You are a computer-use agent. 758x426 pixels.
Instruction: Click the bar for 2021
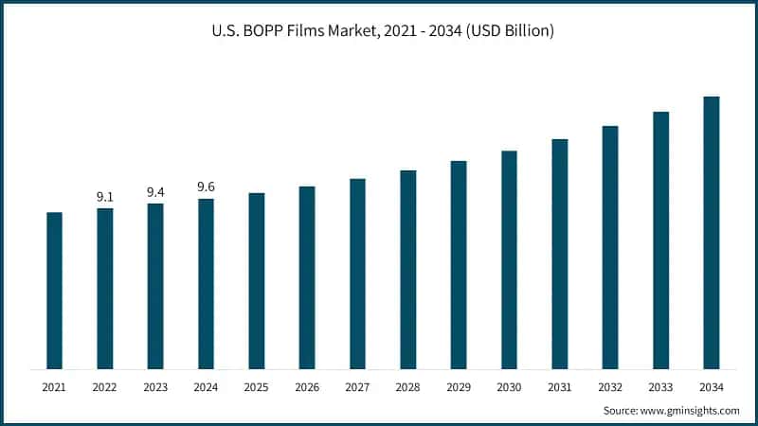click(54, 291)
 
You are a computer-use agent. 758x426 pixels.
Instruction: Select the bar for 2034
click(712, 233)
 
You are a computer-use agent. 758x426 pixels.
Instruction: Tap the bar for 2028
click(408, 270)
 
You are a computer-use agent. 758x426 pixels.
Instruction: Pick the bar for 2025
click(257, 281)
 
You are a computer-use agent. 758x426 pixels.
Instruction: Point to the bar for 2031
click(560, 254)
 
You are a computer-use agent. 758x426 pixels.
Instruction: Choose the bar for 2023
click(155, 286)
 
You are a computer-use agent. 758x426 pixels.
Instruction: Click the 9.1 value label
click(105, 197)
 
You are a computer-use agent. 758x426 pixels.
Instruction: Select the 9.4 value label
click(155, 192)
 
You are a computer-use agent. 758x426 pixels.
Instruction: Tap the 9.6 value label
click(206, 187)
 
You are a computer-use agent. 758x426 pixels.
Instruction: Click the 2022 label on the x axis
click(105, 386)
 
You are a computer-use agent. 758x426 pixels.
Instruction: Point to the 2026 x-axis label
click(307, 386)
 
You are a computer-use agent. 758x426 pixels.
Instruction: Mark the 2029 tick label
click(459, 386)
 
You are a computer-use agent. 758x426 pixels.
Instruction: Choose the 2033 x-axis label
click(660, 386)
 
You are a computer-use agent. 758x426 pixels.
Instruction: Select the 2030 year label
click(509, 386)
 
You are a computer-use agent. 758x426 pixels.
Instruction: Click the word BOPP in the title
click(258, 31)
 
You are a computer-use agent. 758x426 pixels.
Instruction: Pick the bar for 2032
click(610, 247)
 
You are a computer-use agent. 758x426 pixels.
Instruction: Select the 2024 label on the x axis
click(206, 386)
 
